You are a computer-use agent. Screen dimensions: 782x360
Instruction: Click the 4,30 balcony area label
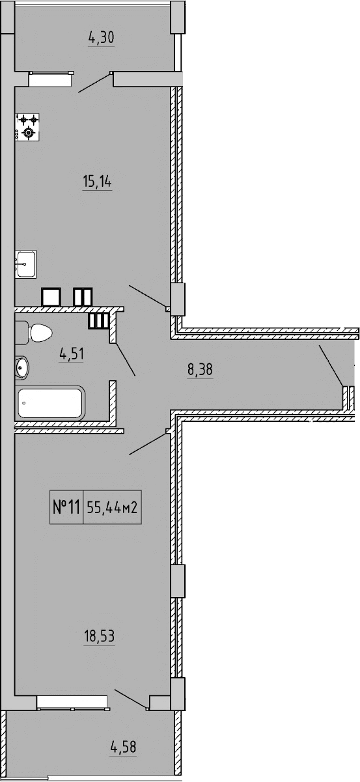[101, 38]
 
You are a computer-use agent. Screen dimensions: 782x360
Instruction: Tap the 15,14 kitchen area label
[97, 182]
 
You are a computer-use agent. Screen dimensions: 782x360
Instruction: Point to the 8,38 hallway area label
[200, 370]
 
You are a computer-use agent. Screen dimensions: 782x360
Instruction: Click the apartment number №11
[65, 507]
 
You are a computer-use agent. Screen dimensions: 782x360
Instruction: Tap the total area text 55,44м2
[112, 507]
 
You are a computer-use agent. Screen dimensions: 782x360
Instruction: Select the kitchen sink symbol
[25, 264]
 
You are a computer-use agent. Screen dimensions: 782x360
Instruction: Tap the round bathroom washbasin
[21, 367]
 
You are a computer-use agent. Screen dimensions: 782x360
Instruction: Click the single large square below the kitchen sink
[51, 297]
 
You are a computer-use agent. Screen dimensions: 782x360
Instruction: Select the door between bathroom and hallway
[126, 358]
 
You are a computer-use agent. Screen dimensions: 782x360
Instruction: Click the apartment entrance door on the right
[331, 366]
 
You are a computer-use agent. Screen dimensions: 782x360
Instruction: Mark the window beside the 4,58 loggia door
[72, 702]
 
